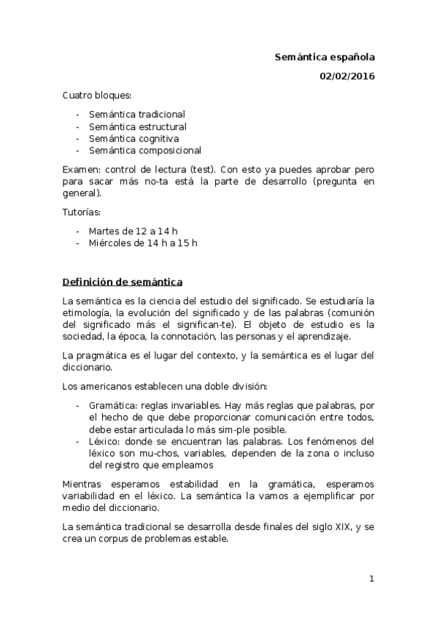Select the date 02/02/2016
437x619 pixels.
coord(347,76)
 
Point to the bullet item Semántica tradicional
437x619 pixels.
coord(137,114)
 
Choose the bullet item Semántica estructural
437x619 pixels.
coord(137,126)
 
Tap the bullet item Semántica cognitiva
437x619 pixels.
coord(134,138)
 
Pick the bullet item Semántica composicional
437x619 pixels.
coord(145,150)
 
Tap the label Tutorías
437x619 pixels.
coord(81,212)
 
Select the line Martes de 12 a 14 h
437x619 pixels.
coord(134,231)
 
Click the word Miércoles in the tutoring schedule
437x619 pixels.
coord(112,243)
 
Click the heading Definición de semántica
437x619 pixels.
coord(123,281)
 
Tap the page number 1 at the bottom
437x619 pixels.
coord(371,579)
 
